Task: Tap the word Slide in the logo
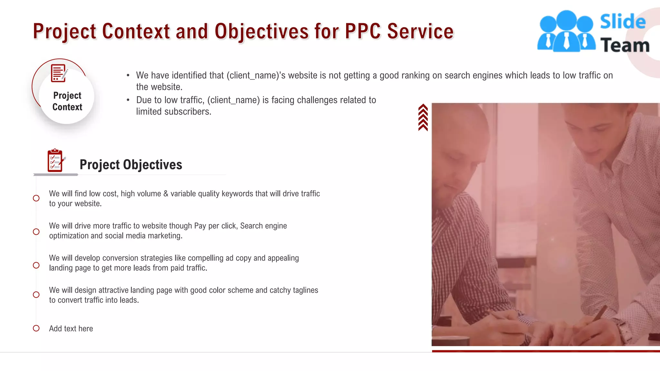tap(623, 22)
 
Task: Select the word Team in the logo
tap(625, 45)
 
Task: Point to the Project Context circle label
tap(67, 101)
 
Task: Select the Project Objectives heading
tap(131, 165)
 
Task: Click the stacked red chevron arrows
tap(423, 117)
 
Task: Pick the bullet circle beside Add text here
tap(36, 328)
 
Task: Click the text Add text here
tap(71, 328)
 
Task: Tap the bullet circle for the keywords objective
tap(36, 198)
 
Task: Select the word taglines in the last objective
tap(305, 290)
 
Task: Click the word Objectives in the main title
tap(261, 32)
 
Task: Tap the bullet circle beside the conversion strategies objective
tap(36, 265)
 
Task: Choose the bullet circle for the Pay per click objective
tap(36, 232)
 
